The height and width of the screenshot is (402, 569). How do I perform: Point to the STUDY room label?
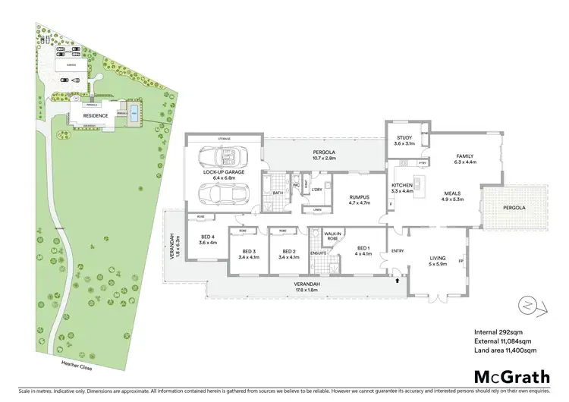pos(404,140)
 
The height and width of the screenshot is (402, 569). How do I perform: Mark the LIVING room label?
pos(435,262)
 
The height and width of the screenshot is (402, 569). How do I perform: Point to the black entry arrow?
pos(397,281)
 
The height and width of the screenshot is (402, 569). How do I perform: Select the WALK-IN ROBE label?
pos(332,236)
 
